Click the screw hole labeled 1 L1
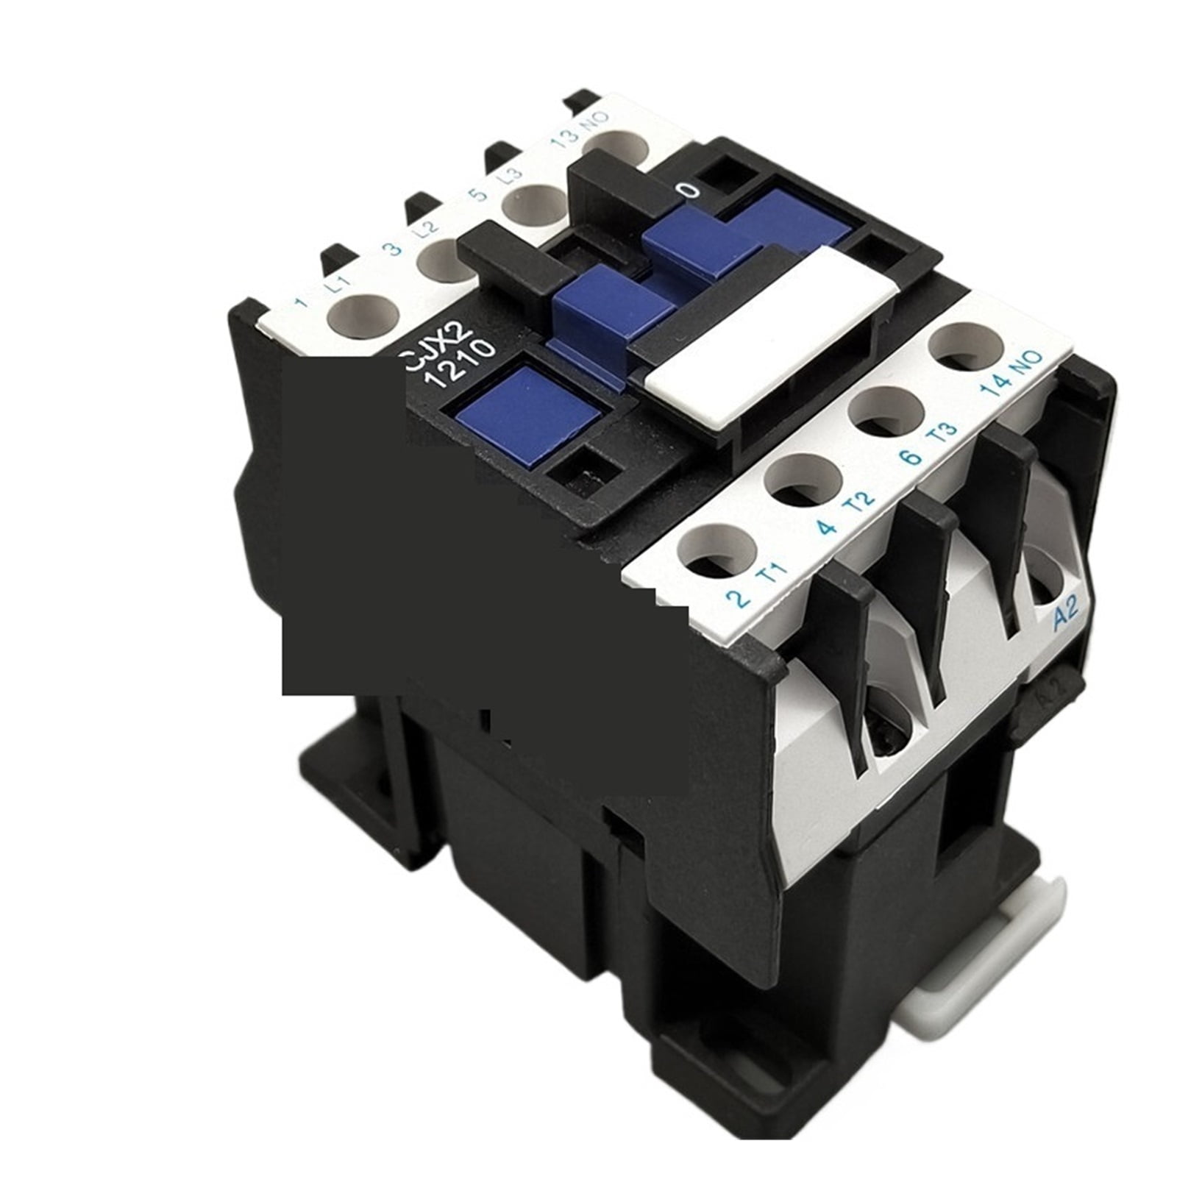tap(363, 315)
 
